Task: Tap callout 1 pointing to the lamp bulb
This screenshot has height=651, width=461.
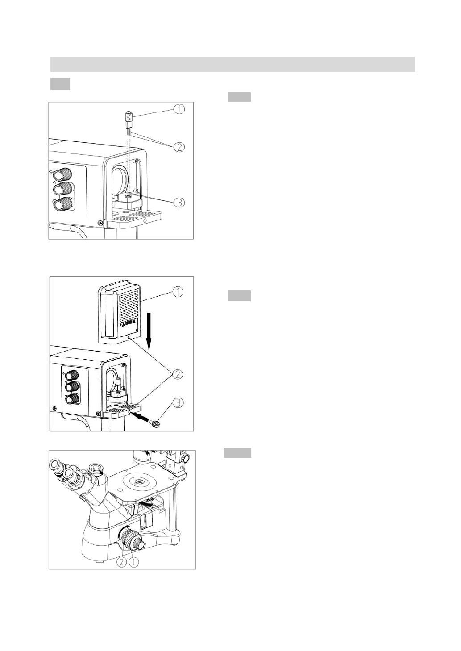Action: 179,109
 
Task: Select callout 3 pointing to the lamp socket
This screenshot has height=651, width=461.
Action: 179,202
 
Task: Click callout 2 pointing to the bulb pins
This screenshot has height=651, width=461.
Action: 179,147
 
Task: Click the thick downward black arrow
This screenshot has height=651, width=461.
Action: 149,331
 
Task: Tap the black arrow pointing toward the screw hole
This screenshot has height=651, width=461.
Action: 140,418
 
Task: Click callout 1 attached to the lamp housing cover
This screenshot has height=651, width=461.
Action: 178,292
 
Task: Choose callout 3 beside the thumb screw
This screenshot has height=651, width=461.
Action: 178,403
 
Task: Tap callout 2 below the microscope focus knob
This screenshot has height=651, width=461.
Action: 122,562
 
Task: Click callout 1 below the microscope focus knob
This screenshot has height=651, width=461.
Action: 134,562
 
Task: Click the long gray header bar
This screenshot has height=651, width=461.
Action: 233,64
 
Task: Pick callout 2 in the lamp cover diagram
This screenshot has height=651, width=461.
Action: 178,374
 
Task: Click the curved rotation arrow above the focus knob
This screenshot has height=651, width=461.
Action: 123,528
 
